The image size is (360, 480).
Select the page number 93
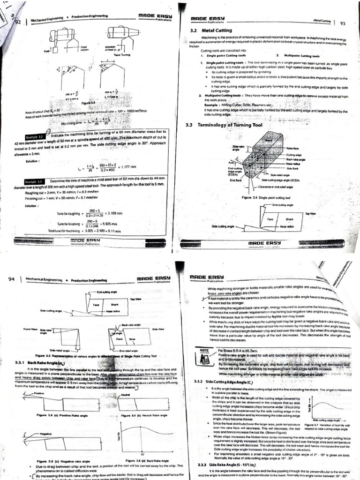tap(342, 23)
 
